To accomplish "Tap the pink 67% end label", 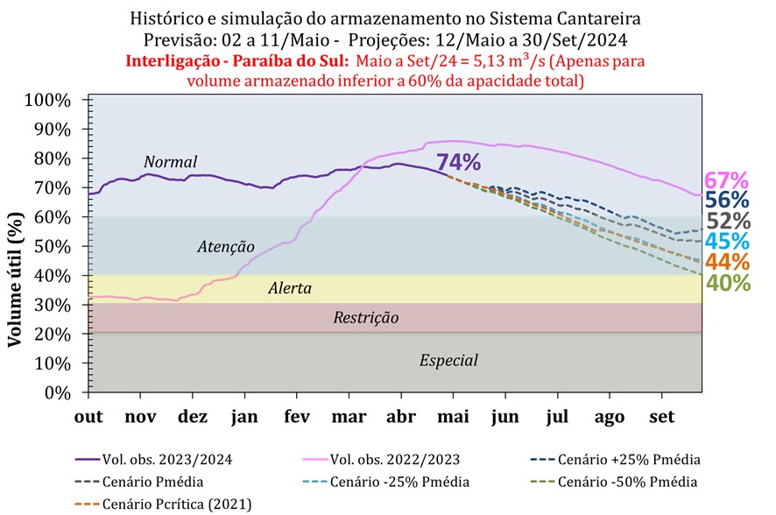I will tap(726, 181).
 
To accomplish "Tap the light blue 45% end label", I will tap(726, 241).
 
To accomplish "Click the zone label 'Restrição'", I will tap(365, 318).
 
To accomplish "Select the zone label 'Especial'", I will tap(448, 360).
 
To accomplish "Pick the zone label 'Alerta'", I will tap(290, 288).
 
